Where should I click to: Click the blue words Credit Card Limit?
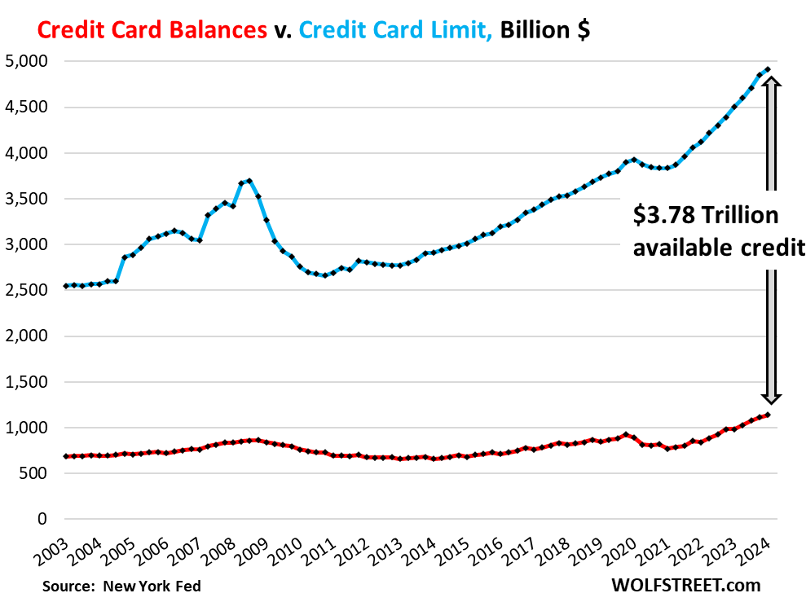(x=396, y=30)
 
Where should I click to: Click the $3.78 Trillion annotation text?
(x=706, y=216)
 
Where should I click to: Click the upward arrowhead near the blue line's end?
(x=772, y=82)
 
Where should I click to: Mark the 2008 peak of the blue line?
(x=249, y=181)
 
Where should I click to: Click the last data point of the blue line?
(x=768, y=69)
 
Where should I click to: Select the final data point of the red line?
(x=768, y=415)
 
